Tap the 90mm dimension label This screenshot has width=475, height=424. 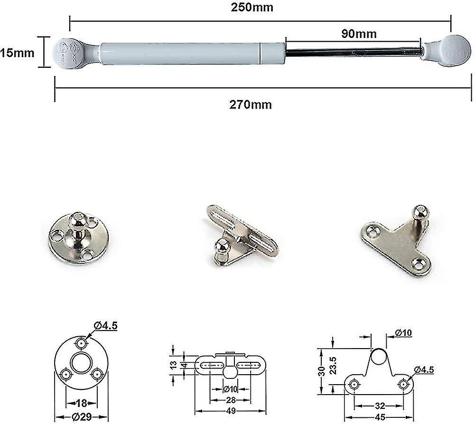[x=359, y=34]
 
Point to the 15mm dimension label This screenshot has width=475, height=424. [x=18, y=53]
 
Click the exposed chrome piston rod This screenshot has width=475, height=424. [x=354, y=51]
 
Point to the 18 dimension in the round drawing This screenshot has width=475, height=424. [x=81, y=404]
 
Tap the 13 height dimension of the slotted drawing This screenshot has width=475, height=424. [x=173, y=365]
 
